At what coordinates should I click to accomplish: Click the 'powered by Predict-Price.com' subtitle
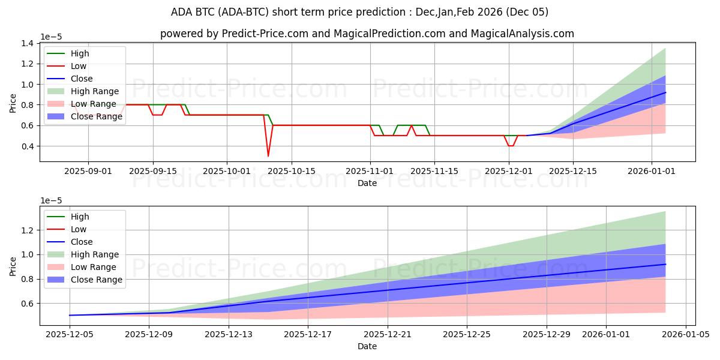tap(367, 34)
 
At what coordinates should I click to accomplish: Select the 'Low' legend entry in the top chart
tap(79, 66)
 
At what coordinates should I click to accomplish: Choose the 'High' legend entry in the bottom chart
tap(80, 217)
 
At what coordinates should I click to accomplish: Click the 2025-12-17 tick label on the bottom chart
tap(308, 335)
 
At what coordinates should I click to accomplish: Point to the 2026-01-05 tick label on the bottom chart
tap(685, 335)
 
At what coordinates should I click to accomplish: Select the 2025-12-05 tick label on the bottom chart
tap(70, 335)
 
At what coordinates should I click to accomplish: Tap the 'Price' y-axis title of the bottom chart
tap(13, 266)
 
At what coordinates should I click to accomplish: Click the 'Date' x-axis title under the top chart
tap(367, 183)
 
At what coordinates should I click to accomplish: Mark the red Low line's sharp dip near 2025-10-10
tap(268, 156)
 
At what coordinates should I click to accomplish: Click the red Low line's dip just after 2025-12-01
tap(511, 146)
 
